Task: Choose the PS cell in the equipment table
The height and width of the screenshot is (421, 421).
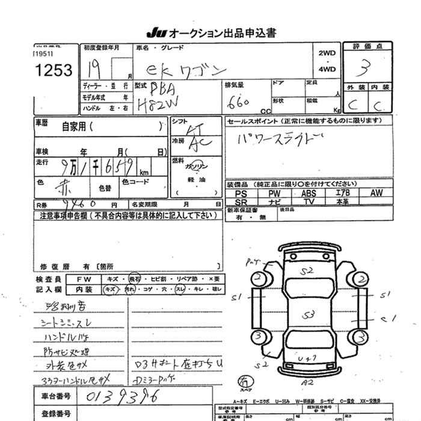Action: tap(242, 194)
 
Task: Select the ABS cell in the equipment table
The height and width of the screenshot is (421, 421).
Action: tap(309, 194)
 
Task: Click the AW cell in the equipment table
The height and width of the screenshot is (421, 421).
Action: tap(376, 194)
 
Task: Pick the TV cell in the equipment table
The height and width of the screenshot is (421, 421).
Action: tap(309, 202)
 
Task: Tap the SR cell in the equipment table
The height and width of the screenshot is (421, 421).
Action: tap(242, 202)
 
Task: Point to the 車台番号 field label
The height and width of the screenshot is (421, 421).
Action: tap(56, 396)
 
